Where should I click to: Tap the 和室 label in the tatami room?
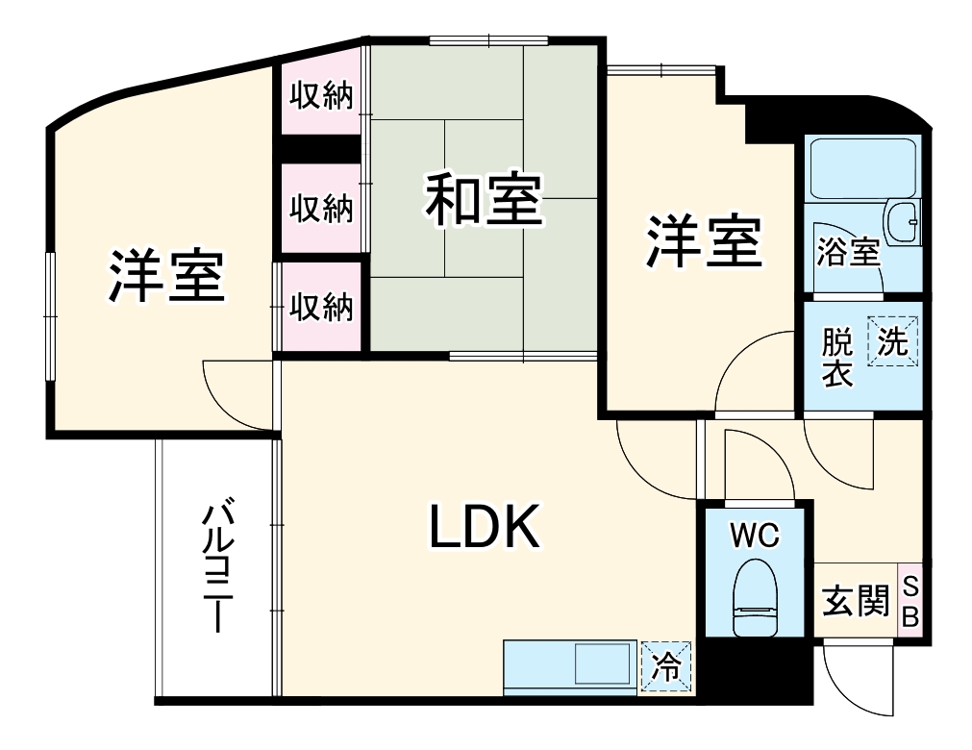tap(484, 199)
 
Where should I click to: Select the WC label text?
tap(754, 536)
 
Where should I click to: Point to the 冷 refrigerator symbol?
tap(665, 664)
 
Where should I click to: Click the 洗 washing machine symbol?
tap(893, 341)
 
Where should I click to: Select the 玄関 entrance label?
tap(854, 602)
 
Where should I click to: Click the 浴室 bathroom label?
tap(847, 252)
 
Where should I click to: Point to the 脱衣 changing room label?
tap(837, 358)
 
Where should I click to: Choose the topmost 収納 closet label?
tap(322, 96)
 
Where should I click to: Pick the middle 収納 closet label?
tap(322, 208)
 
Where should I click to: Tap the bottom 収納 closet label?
tap(322, 307)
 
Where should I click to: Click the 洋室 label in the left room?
tap(165, 275)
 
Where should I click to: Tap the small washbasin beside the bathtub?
tap(905, 220)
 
